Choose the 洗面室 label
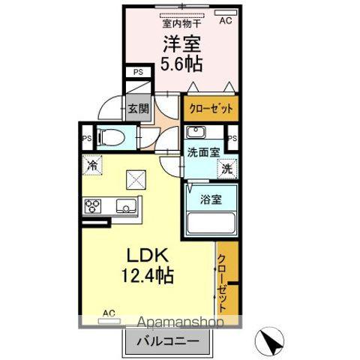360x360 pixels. (x=202, y=152)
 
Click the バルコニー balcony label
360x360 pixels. (x=167, y=341)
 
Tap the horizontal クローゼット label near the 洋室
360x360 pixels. (x=210, y=108)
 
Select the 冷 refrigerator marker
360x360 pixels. (x=91, y=166)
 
